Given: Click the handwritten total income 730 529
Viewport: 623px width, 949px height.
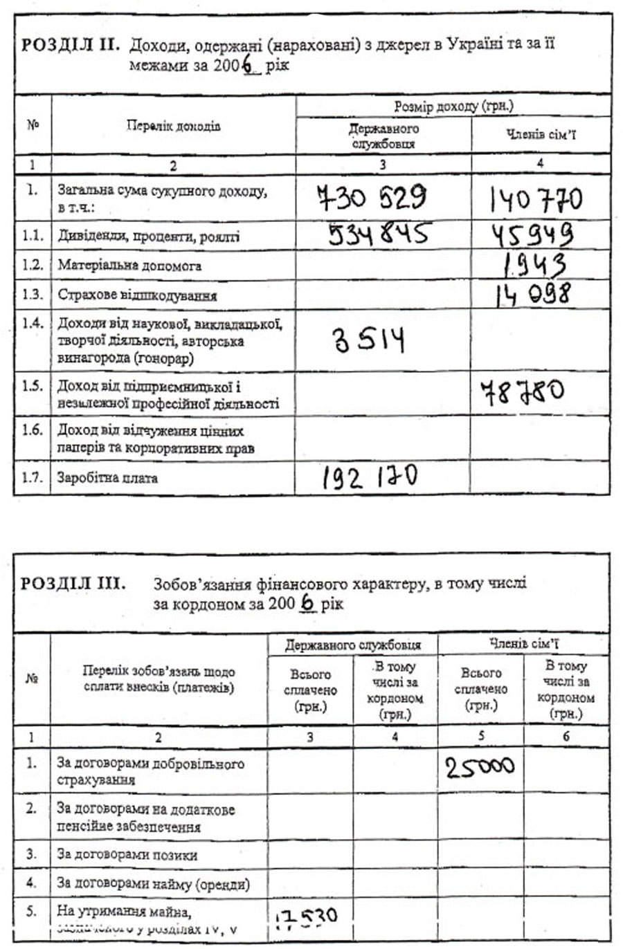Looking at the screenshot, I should [372, 199].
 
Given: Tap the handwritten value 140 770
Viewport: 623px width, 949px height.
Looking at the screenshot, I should [536, 201].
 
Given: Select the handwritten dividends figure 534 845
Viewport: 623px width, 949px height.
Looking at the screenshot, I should [378, 234].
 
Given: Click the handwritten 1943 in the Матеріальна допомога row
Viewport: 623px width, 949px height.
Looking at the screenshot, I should [534, 264].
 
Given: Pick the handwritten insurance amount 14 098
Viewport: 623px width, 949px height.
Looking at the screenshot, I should [533, 293].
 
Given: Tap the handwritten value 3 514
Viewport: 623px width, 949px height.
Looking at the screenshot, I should [369, 340].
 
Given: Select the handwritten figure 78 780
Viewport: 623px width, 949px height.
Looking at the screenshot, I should [522, 392].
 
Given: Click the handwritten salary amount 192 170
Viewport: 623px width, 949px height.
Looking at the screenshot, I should [370, 477].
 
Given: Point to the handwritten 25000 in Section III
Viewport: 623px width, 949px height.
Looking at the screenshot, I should [480, 766].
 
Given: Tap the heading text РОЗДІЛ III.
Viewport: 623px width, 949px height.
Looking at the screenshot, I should [73, 583].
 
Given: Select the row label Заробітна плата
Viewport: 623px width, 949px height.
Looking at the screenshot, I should [107, 478].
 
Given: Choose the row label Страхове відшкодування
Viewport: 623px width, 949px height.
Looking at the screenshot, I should [137, 295].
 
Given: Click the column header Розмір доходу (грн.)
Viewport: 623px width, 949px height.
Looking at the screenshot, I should [453, 107].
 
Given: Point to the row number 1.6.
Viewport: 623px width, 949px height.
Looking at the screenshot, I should [32, 430].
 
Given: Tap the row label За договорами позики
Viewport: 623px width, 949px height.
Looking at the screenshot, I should [127, 855].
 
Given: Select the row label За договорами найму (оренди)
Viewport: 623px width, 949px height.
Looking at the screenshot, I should [153, 883].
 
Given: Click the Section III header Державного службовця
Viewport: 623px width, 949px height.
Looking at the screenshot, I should [353, 645].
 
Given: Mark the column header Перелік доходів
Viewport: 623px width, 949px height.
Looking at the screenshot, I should [173, 126].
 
